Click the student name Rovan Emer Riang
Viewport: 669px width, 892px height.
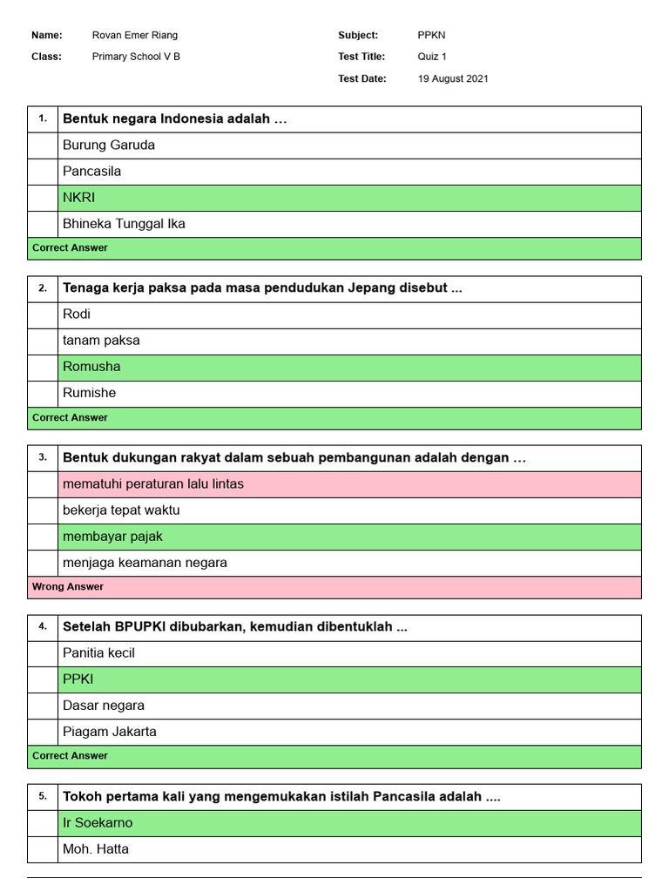tap(134, 36)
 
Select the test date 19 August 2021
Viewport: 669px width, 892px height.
tap(453, 78)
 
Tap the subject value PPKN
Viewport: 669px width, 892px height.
tap(431, 36)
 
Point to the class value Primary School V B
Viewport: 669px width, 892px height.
tap(137, 57)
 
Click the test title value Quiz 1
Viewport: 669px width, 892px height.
tap(432, 57)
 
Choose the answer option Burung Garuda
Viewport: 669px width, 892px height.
tap(109, 145)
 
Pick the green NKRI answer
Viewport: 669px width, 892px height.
tap(78, 198)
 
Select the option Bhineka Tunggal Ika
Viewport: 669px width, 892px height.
tap(124, 224)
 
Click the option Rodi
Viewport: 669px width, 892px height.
tap(77, 314)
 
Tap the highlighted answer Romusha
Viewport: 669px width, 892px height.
tap(91, 367)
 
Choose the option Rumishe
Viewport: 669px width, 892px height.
tap(89, 393)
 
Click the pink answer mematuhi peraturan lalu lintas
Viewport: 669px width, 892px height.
tap(153, 484)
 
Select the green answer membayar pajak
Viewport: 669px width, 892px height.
tap(112, 537)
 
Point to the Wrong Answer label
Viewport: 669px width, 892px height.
tap(68, 587)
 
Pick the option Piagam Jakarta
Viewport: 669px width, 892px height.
tap(110, 732)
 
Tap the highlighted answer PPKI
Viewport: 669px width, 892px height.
tap(78, 679)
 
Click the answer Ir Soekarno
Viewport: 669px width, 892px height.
tap(98, 823)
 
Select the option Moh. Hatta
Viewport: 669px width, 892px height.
tap(96, 849)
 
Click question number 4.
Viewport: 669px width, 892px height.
tap(43, 627)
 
